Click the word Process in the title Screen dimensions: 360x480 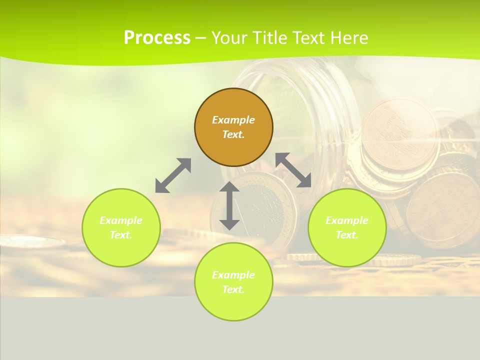157,37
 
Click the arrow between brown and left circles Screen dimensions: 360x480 173,175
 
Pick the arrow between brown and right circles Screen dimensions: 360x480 293,170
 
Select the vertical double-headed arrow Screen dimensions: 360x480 229,206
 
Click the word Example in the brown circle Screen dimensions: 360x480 233,120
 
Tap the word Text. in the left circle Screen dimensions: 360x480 121,235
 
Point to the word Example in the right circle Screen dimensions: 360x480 347,220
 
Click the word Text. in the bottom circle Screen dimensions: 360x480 233,289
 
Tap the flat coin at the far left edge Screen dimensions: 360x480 30,242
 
